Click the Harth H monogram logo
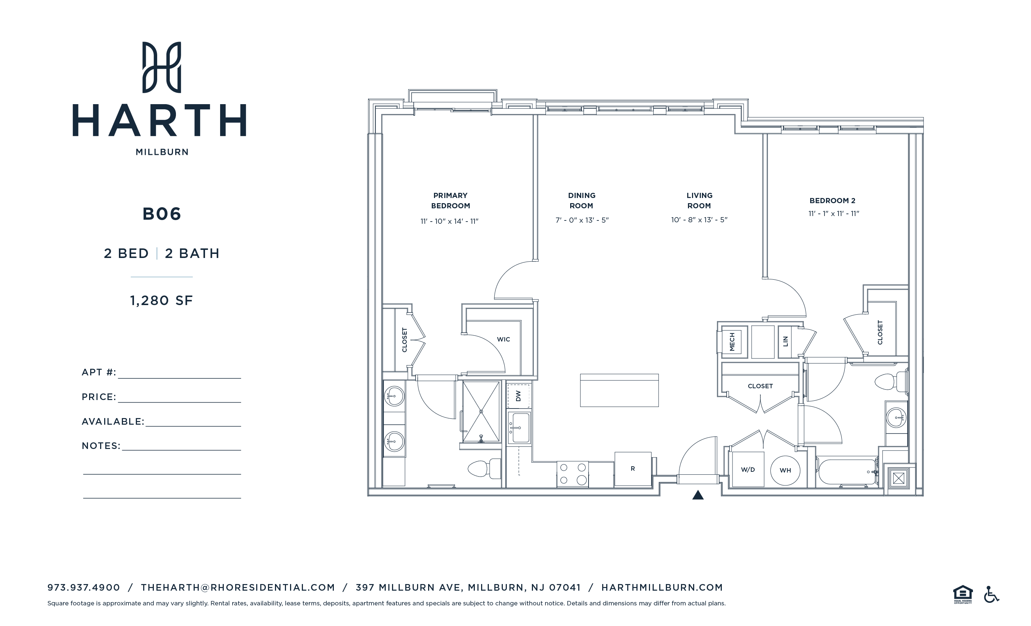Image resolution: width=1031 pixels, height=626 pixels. coord(162,67)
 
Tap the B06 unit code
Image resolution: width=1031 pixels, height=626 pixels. coord(162,214)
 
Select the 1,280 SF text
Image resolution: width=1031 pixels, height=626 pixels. coord(162,300)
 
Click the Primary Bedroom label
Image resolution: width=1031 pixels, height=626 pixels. coord(450,201)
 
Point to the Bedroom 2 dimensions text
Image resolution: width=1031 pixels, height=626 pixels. coord(833,213)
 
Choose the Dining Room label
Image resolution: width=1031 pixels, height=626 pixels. coord(581,201)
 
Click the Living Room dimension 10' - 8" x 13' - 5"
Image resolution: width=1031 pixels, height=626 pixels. coord(699,220)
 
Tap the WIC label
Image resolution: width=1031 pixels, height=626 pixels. coord(504,339)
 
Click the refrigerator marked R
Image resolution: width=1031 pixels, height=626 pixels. coord(633,468)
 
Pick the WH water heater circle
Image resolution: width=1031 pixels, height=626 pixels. coord(785,470)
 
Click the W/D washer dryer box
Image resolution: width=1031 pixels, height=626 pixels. coord(748,470)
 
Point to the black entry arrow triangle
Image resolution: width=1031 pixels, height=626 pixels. coord(698,495)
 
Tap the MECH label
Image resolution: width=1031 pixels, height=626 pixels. coord(732,342)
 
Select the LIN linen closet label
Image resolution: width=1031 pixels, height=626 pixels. coord(785,342)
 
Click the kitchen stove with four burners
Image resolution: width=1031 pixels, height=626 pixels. coord(572,474)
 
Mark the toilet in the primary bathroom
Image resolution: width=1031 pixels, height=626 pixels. coord(483,468)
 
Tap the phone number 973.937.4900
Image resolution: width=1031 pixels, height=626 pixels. coord(84,587)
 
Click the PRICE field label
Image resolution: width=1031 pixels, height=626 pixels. coord(99,397)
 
